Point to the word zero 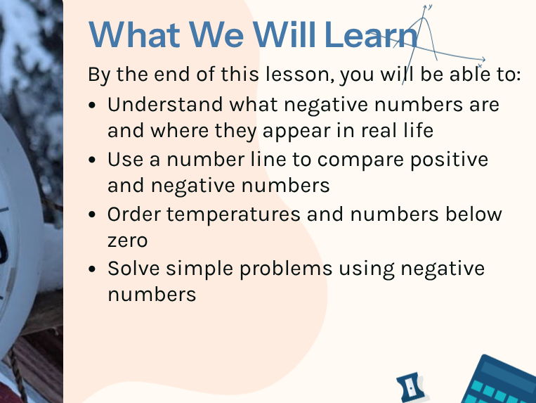click(127, 241)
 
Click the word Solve click(132, 268)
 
